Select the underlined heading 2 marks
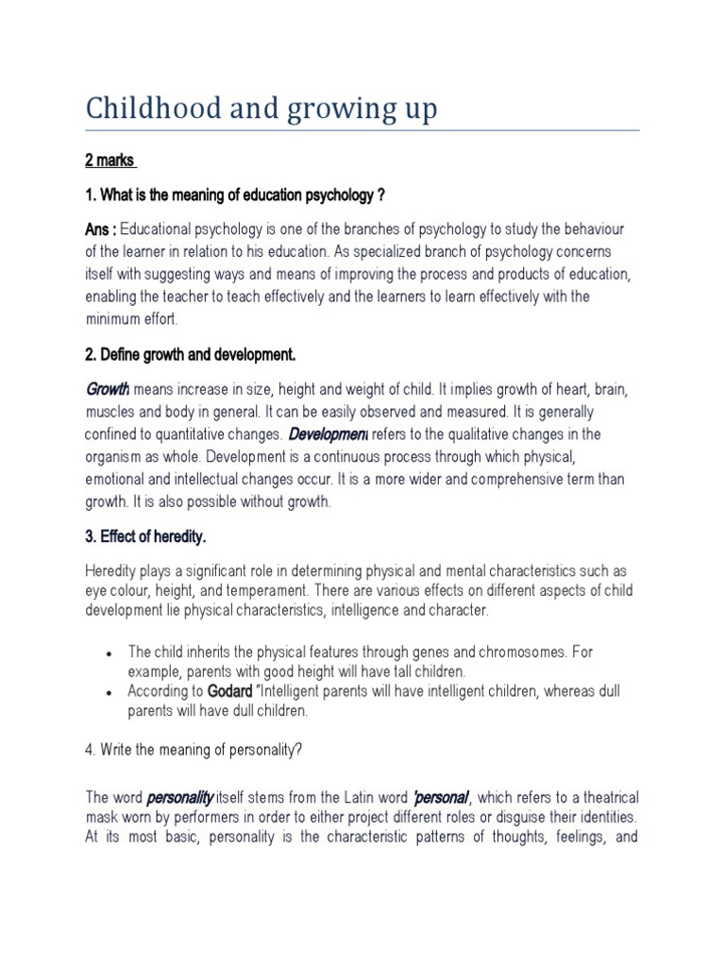(x=111, y=161)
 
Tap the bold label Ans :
(x=101, y=229)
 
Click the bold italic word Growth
(x=107, y=390)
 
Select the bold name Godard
(x=231, y=691)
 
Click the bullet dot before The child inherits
(x=111, y=653)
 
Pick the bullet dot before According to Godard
(x=111, y=692)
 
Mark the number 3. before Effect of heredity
(x=91, y=536)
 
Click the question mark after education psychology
(x=379, y=195)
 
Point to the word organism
(x=116, y=457)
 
